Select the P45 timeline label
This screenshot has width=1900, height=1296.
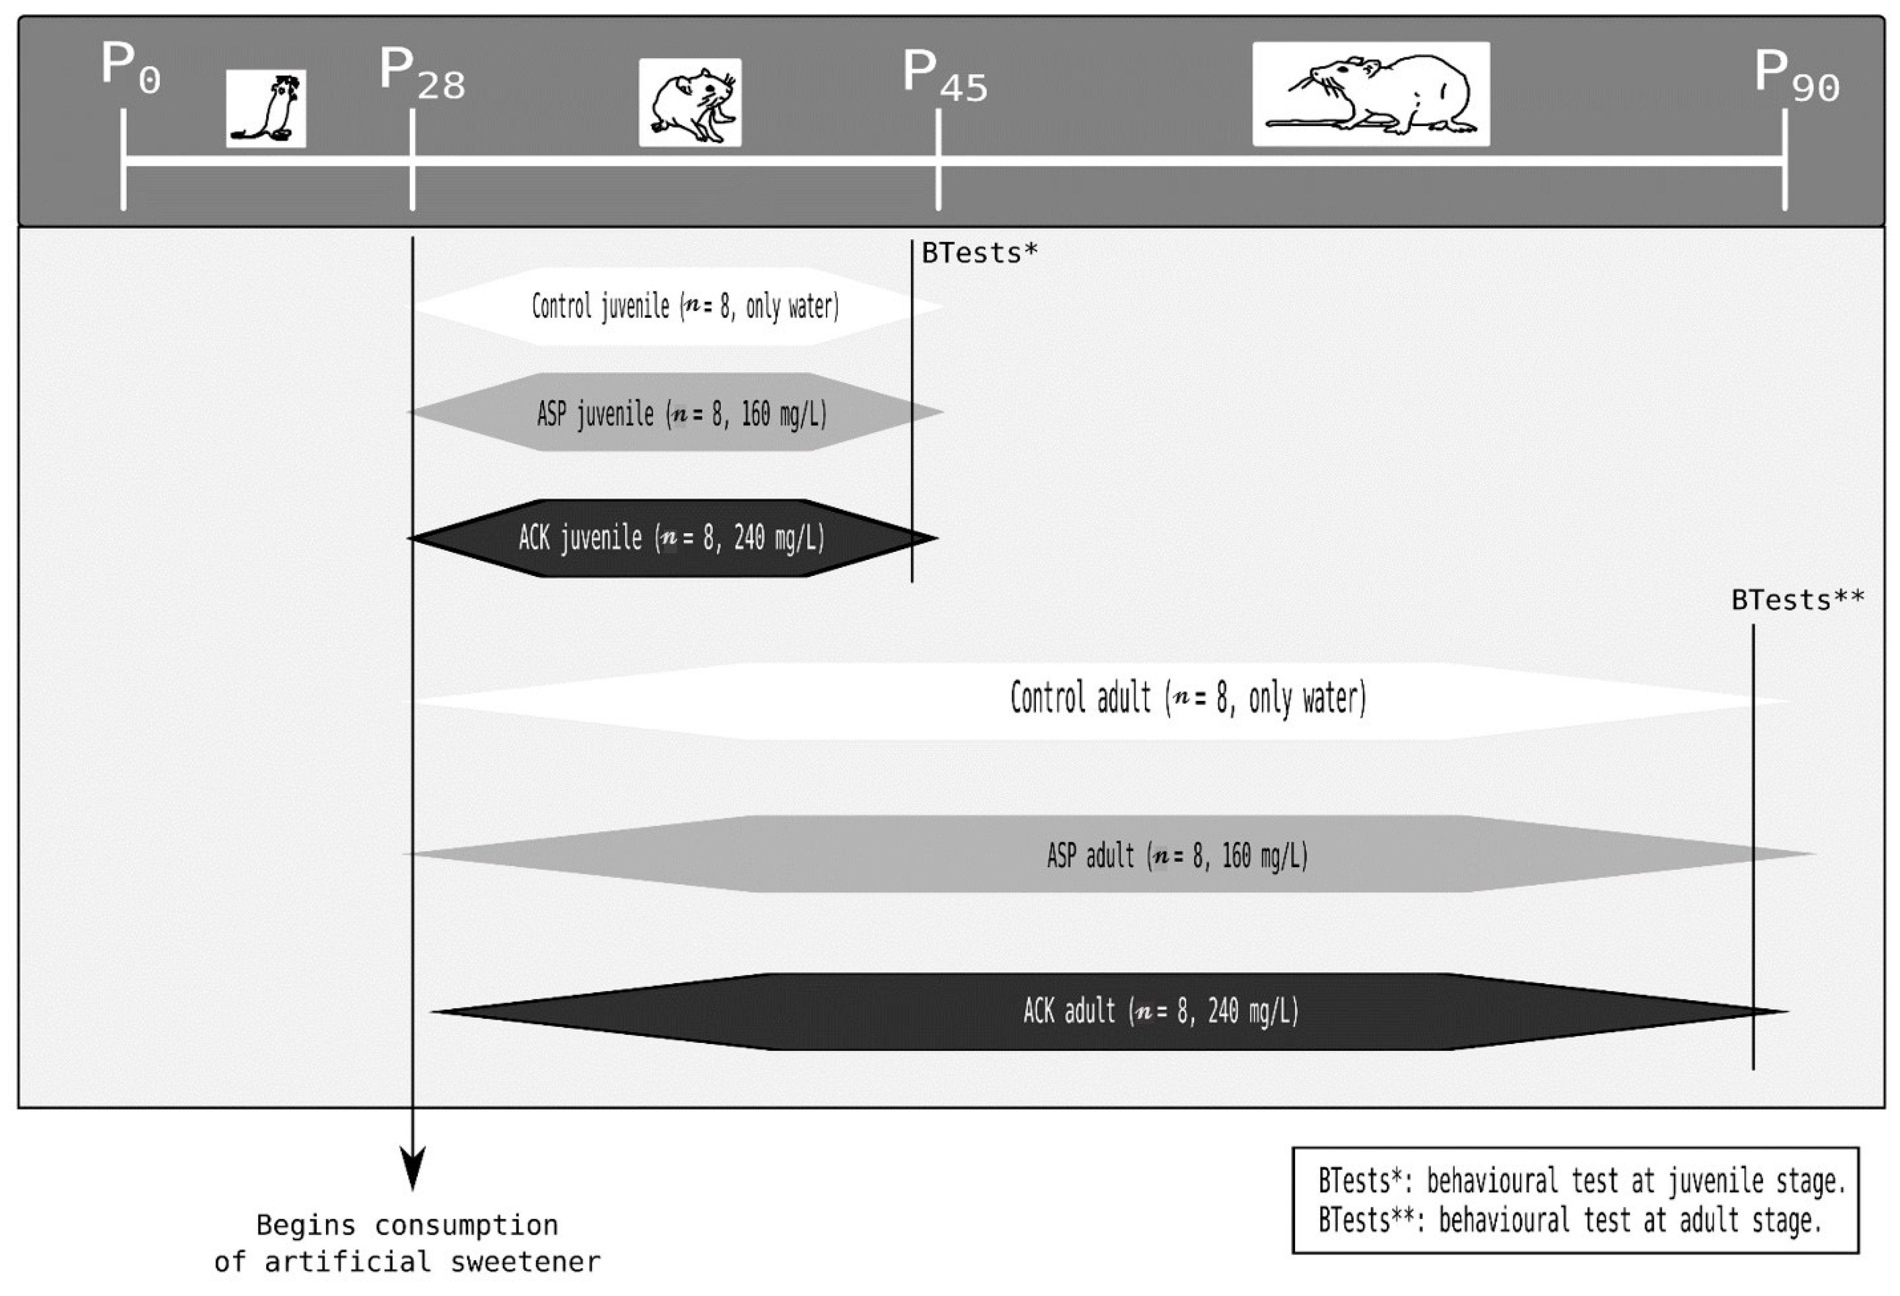[x=944, y=75]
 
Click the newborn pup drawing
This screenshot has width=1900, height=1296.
[x=266, y=108]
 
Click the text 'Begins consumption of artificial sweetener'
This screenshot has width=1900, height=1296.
[x=407, y=1243]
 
